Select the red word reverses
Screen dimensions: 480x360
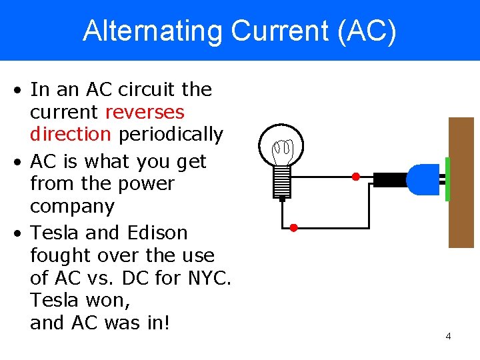pyautogui.click(x=145, y=111)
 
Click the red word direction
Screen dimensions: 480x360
pyautogui.click(x=70, y=134)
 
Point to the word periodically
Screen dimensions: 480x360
pyautogui.click(x=171, y=134)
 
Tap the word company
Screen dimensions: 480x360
pyautogui.click(x=72, y=206)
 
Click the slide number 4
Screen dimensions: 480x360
pyautogui.click(x=448, y=336)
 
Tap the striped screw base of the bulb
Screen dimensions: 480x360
pyautogui.click(x=282, y=180)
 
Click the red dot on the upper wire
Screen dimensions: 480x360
pyautogui.click(x=355, y=177)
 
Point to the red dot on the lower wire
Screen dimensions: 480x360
pyautogui.click(x=293, y=227)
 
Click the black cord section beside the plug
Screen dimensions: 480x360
pyautogui.click(x=389, y=179)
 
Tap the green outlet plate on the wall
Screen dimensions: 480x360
pyautogui.click(x=447, y=179)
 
